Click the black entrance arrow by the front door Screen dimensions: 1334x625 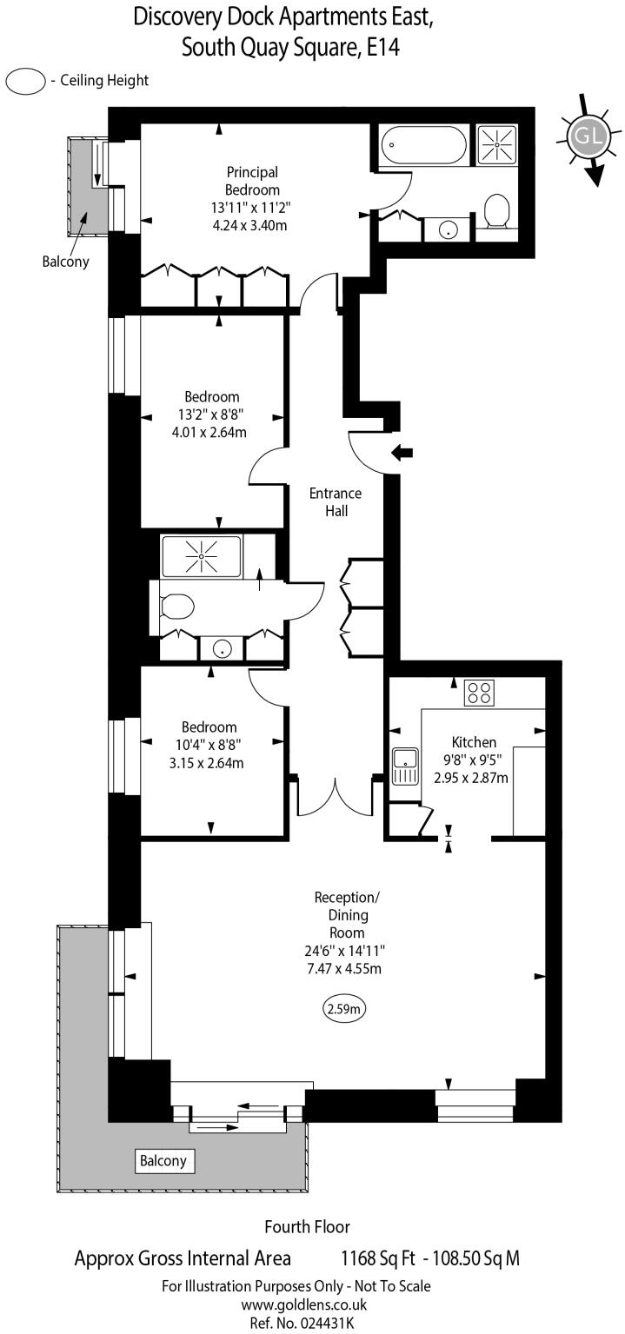402,452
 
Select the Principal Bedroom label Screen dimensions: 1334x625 252,181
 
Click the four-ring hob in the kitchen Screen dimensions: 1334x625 478,692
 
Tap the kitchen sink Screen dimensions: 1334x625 404,767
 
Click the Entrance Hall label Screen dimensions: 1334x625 336,502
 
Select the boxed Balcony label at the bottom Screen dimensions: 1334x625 163,1160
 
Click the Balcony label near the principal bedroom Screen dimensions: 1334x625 65,261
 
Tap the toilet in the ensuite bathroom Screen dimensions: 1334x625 496,210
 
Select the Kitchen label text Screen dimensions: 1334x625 474,742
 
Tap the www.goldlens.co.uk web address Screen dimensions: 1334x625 303,1304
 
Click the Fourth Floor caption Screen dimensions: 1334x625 307,1227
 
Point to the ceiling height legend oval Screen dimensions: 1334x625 25,81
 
